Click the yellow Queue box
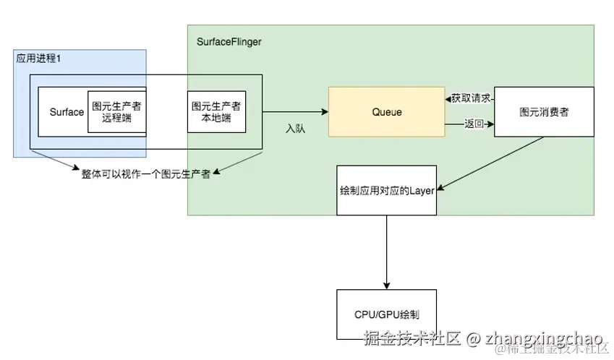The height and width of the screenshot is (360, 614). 386,112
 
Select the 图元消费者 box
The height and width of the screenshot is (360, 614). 544,112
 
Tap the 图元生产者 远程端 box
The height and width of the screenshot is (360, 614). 116,112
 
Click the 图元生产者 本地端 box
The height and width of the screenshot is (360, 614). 216,112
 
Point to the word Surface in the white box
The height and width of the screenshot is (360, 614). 67,112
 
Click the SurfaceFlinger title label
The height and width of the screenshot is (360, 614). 229,42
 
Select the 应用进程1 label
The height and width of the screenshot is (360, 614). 38,58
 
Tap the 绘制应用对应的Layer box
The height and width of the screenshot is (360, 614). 386,190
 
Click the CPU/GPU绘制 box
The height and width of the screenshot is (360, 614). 386,315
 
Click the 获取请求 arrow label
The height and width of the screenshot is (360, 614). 471,98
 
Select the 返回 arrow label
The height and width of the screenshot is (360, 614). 474,124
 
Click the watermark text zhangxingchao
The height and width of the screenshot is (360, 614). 543,338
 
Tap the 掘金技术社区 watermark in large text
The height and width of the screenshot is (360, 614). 412,338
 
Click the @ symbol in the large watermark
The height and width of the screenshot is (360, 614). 473,338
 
